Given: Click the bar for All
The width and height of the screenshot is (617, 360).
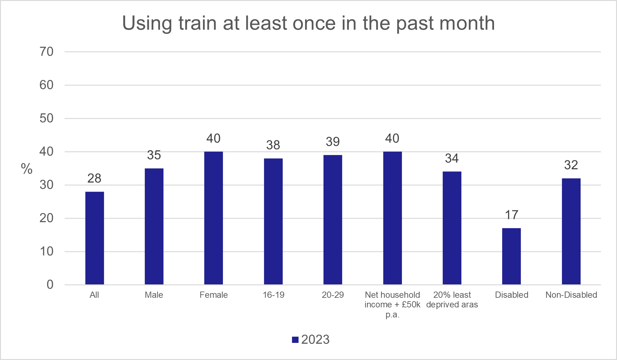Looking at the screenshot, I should click(95, 238).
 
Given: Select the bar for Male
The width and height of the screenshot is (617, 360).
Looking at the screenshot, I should click(154, 226).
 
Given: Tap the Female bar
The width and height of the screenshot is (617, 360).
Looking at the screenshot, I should click(214, 218).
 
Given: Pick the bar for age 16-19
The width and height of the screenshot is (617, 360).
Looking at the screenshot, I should click(273, 221).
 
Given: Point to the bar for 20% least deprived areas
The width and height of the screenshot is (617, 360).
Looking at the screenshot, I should click(452, 228).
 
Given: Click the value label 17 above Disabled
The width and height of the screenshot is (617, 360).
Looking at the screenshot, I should click(511, 215).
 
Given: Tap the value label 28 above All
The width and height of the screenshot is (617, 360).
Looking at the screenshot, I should click(94, 178).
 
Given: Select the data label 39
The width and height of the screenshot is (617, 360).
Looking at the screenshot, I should click(333, 142).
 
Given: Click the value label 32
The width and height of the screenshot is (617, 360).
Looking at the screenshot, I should click(571, 165).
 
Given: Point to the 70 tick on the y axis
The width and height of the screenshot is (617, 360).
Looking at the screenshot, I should click(46, 52).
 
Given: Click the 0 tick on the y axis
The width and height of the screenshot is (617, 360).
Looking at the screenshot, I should click(50, 284).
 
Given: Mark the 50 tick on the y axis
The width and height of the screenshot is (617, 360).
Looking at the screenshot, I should click(46, 118).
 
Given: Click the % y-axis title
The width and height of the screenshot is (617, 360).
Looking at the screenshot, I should click(27, 169).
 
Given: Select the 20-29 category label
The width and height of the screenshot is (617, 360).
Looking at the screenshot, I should click(333, 295).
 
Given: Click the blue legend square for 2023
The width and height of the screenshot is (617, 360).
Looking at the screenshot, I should click(295, 339).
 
